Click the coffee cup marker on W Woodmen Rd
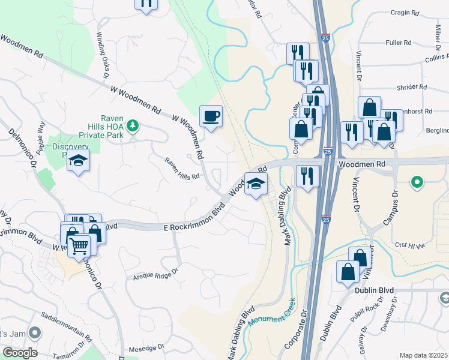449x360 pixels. pos(211,116)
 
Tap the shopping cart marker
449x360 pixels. pos(79,245)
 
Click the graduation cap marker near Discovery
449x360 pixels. pos(78,160)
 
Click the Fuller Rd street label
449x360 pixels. pos(399,43)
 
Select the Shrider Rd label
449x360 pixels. pos(411,87)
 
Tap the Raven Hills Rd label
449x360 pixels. pos(182,172)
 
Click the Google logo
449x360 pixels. pos(19,353)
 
